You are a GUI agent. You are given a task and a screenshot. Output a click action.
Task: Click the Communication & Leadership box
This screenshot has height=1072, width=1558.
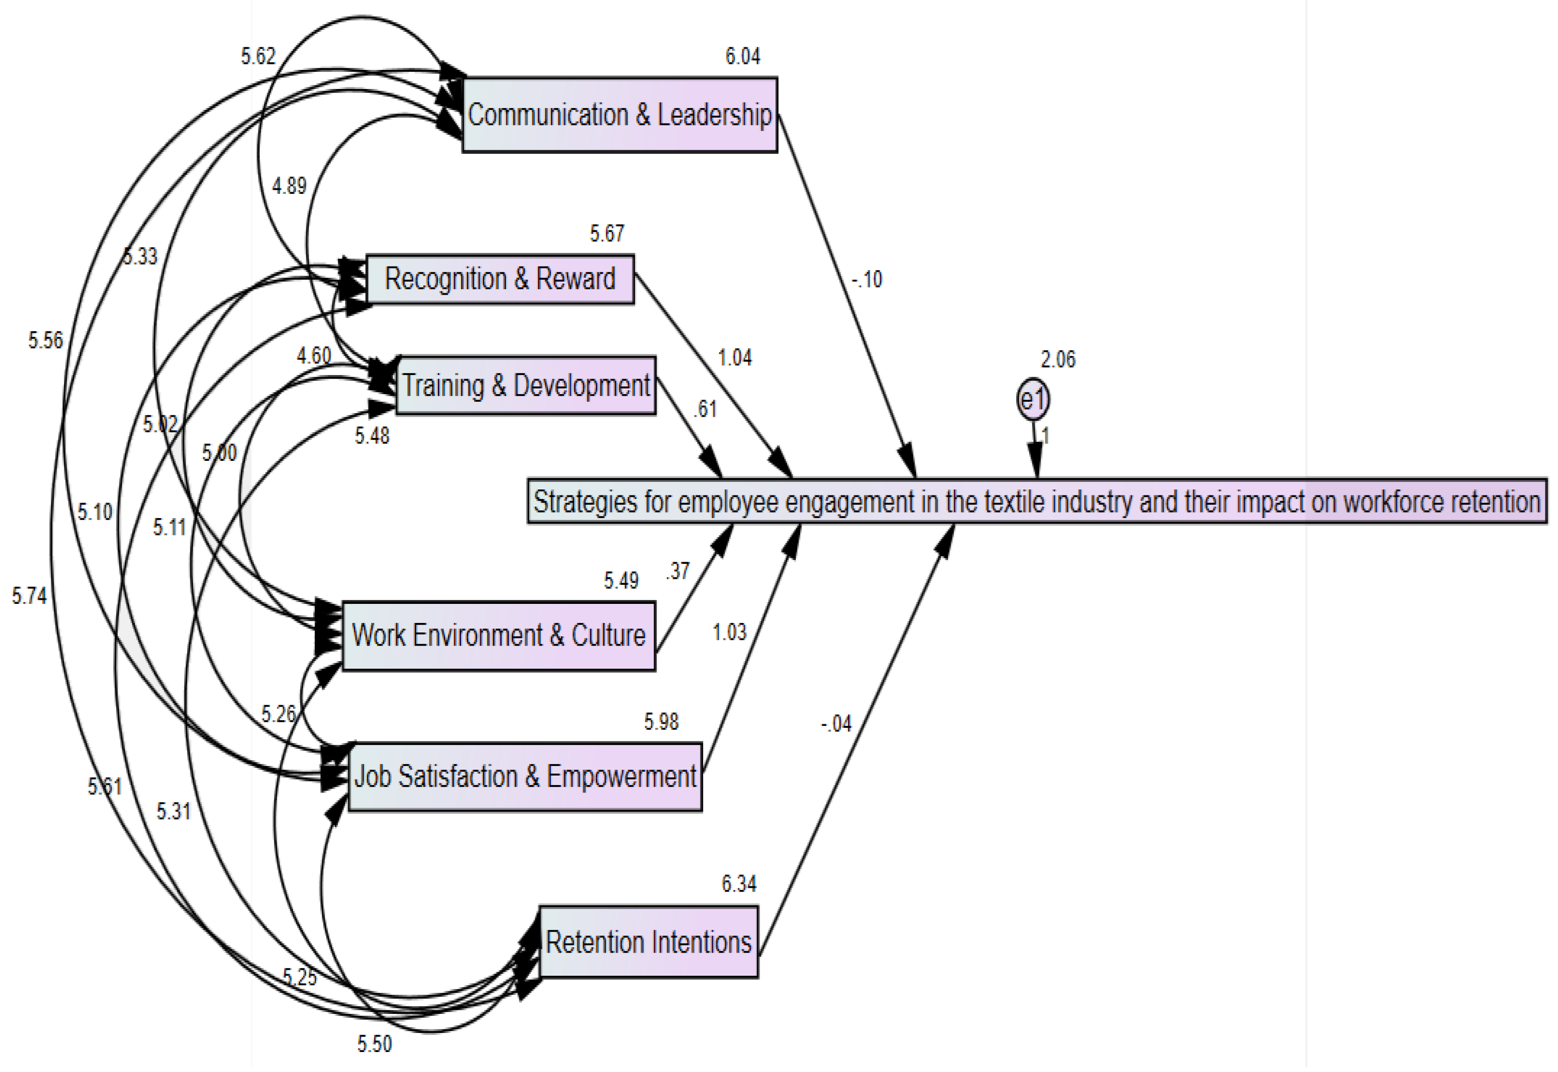tap(620, 115)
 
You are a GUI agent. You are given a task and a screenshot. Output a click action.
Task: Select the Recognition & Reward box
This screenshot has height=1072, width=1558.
tap(499, 279)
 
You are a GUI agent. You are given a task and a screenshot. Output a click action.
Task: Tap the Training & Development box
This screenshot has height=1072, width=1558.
tap(526, 385)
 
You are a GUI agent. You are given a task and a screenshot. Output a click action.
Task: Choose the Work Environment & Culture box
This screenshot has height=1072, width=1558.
tap(498, 635)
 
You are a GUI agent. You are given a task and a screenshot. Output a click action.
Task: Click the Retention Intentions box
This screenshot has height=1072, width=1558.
tap(648, 942)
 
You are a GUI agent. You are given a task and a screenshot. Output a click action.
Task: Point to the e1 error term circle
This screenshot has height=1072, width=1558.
tap(1032, 400)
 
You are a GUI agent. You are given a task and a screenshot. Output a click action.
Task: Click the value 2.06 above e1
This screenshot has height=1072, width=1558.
tap(1058, 360)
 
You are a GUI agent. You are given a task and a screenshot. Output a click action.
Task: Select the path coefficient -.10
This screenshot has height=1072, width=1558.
tap(867, 279)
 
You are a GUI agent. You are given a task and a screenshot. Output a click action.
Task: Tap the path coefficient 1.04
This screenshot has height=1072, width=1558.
tap(734, 357)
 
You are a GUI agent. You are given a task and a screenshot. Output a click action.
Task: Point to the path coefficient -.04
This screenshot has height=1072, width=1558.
tap(836, 724)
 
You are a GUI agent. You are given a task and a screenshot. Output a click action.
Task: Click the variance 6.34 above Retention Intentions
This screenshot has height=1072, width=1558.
tap(739, 884)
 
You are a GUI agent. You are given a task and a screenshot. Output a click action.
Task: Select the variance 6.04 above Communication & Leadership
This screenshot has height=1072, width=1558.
tap(742, 56)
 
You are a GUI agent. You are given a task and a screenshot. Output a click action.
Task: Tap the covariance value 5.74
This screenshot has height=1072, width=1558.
tap(29, 596)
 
